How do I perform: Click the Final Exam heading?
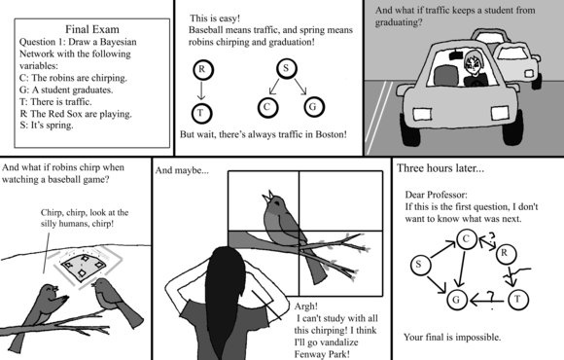[92, 29]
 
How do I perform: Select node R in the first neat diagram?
[203, 69]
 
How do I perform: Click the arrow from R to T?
[201, 90]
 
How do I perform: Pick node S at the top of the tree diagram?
[286, 68]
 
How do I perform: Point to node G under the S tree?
[314, 107]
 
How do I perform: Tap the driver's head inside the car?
[473, 64]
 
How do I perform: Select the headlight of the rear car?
[529, 73]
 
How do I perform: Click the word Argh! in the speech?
[305, 306]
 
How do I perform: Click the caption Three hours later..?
[441, 168]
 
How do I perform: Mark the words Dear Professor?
[437, 195]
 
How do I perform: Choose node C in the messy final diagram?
[467, 239]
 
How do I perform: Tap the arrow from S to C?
[442, 250]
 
